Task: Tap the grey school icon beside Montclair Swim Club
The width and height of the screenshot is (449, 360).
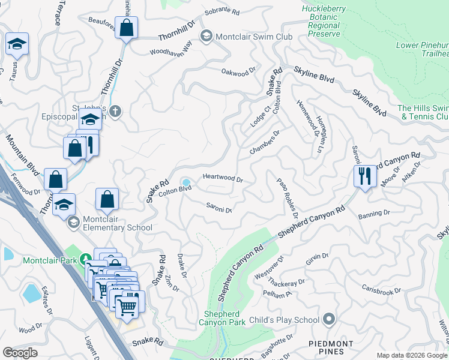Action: (x=207, y=37)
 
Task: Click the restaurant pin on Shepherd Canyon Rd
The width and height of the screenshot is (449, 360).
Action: (x=364, y=176)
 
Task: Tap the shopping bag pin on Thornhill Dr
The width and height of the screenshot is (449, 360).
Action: (x=127, y=28)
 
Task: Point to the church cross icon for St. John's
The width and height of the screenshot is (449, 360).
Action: (x=115, y=111)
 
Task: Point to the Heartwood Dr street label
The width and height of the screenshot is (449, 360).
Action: (x=223, y=178)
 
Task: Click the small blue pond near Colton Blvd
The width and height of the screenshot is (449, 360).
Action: (x=186, y=182)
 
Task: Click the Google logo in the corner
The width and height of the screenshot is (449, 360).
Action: (x=20, y=353)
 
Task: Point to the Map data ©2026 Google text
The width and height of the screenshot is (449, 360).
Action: (x=412, y=355)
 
